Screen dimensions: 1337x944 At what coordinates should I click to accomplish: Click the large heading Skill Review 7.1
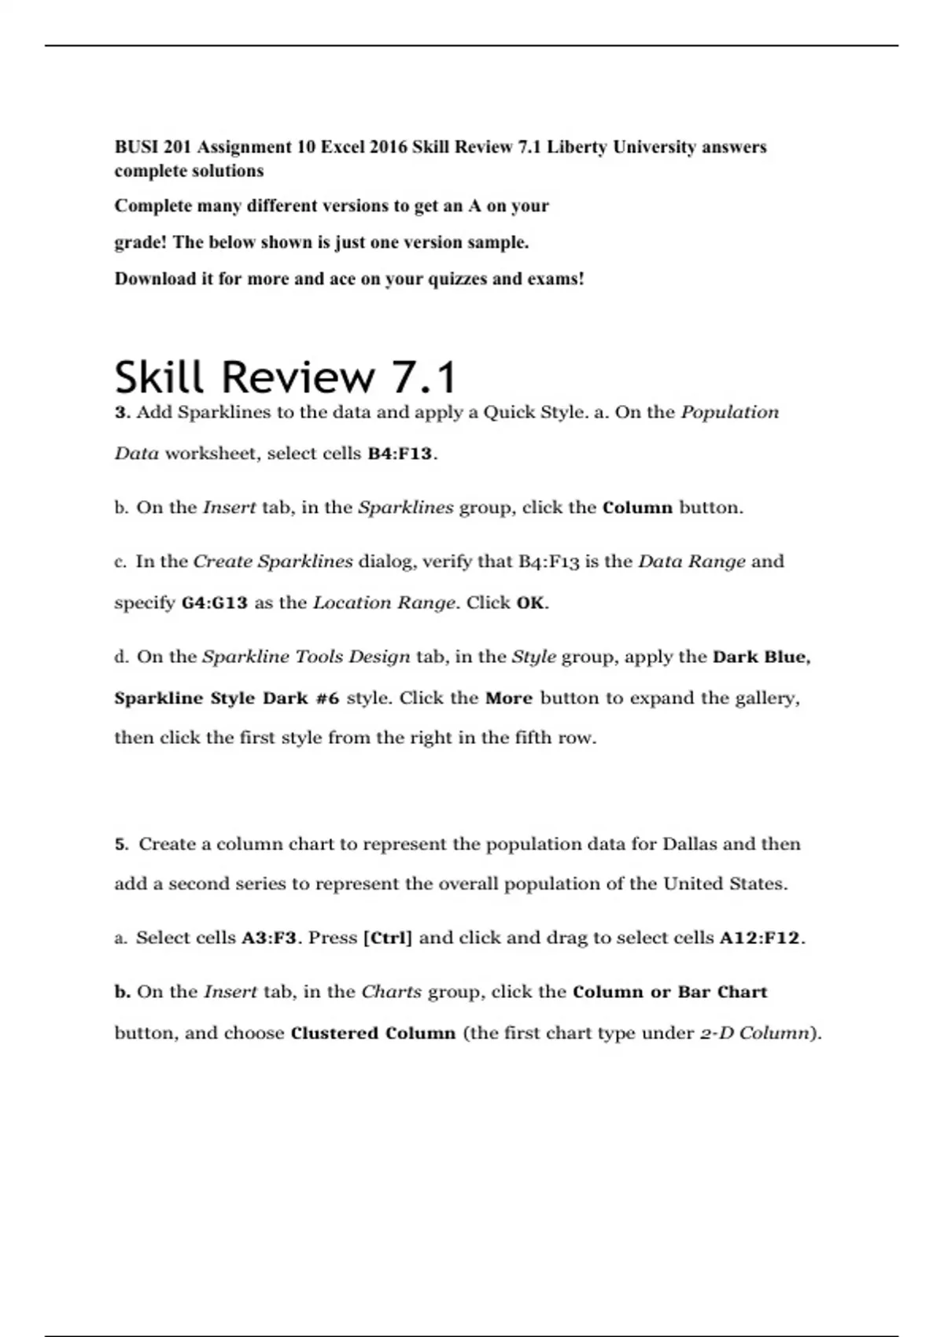[x=285, y=377]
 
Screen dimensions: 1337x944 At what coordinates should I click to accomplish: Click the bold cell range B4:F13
[x=400, y=454]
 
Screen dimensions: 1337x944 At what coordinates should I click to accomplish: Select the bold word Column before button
[x=637, y=508]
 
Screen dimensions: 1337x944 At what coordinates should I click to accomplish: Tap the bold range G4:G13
[x=215, y=603]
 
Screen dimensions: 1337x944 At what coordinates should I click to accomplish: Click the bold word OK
[x=530, y=603]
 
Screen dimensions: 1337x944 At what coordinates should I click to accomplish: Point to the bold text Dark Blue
[x=760, y=657]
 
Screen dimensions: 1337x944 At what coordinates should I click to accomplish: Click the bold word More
[x=509, y=698]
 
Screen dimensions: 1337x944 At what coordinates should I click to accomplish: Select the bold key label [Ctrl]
[x=388, y=938]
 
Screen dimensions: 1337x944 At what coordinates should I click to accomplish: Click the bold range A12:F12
[x=760, y=938]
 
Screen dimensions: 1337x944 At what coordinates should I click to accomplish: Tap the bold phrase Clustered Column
[x=373, y=1033]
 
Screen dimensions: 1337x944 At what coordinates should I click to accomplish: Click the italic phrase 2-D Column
[x=754, y=1033]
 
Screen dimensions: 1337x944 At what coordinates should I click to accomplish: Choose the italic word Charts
[x=392, y=993]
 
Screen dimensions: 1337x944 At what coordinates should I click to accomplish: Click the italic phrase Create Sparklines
[x=273, y=562]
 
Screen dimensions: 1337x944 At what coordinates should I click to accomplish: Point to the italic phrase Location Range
[x=384, y=603]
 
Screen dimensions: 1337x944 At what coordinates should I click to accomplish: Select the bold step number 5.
[x=121, y=845]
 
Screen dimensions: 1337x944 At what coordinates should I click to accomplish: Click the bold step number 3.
[x=121, y=413]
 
